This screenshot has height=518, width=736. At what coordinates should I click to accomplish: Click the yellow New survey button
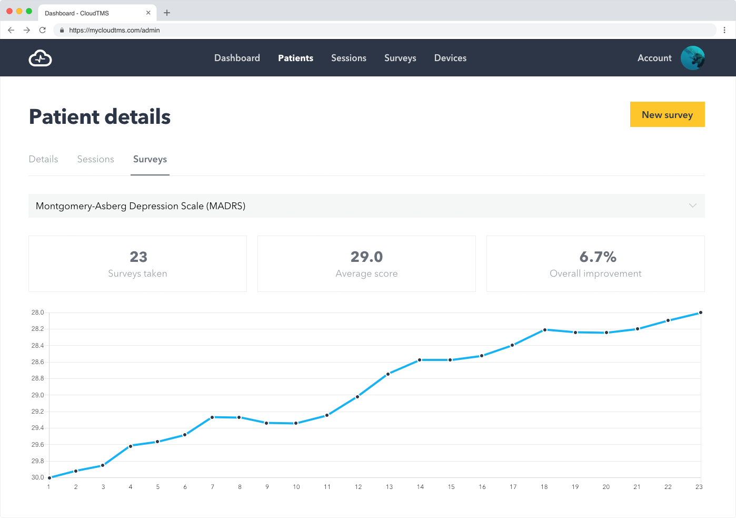(667, 114)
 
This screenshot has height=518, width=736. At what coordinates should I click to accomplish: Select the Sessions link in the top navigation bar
(349, 58)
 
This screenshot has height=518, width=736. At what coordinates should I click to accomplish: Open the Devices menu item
(450, 58)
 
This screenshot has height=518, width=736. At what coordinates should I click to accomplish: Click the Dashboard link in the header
(237, 58)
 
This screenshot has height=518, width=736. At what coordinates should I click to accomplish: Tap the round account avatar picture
(692, 58)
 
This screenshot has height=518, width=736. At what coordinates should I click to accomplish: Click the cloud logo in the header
(40, 58)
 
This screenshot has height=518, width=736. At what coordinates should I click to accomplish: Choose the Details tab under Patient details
(43, 159)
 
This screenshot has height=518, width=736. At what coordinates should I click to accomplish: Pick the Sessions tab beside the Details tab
(95, 159)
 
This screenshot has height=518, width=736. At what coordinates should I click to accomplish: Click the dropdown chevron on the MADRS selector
(693, 206)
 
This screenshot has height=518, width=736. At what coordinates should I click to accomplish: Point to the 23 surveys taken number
(138, 257)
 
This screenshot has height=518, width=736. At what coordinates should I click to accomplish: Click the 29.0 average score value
(366, 257)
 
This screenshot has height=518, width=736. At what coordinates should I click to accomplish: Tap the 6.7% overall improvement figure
(598, 257)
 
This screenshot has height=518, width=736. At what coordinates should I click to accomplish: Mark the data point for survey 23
(700, 312)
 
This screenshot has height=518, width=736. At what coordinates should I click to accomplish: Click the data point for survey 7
(212, 417)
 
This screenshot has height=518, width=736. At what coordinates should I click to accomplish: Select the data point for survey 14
(420, 360)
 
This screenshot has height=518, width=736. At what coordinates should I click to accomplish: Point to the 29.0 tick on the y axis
(37, 395)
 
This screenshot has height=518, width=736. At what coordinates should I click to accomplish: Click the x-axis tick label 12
(358, 487)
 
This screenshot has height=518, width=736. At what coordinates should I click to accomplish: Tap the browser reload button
(43, 30)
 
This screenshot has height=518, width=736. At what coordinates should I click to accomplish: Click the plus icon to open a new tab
(167, 13)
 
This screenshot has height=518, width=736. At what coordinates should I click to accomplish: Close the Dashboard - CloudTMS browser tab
(148, 13)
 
